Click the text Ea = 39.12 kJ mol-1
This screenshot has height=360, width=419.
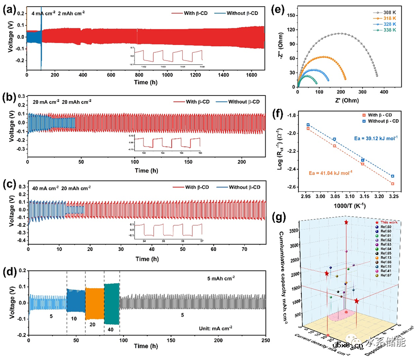[375, 138]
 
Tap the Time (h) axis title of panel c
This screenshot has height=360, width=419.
[146, 259]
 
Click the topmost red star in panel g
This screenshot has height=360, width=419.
[346, 222]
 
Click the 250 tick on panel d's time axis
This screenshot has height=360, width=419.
[264, 342]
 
